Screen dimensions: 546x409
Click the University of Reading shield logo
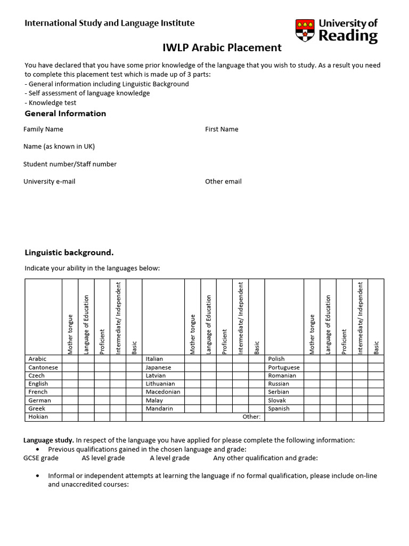pyautogui.click(x=306, y=30)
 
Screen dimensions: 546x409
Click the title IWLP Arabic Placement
pyautogui.click(x=222, y=47)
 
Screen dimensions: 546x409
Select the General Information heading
pyautogui.click(x=66, y=114)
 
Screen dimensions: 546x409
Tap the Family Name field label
pyautogui.click(x=43, y=129)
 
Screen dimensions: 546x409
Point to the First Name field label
pyautogui.click(x=222, y=129)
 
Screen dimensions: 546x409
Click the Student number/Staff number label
pyautogui.click(x=70, y=164)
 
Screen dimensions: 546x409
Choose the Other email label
pyautogui.click(x=223, y=181)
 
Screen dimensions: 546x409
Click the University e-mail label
pyautogui.click(x=50, y=181)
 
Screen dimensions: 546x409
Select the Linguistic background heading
pyautogui.click(x=69, y=252)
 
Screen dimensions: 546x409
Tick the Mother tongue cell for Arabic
pyautogui.click(x=70, y=359)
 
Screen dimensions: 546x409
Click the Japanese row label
pyautogui.click(x=159, y=367)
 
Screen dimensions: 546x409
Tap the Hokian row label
pyautogui.click(x=38, y=416)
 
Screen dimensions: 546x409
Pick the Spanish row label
pyautogui.click(x=279, y=408)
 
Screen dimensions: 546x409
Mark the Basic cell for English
pyautogui.click(x=134, y=383)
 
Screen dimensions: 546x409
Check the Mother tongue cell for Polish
pyautogui.click(x=312, y=359)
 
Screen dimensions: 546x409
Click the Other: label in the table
pyautogui.click(x=251, y=416)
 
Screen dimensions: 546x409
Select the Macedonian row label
pyautogui.click(x=163, y=392)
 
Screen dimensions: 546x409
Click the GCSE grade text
pyautogui.click(x=41, y=458)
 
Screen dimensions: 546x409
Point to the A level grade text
pyautogui.click(x=170, y=458)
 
